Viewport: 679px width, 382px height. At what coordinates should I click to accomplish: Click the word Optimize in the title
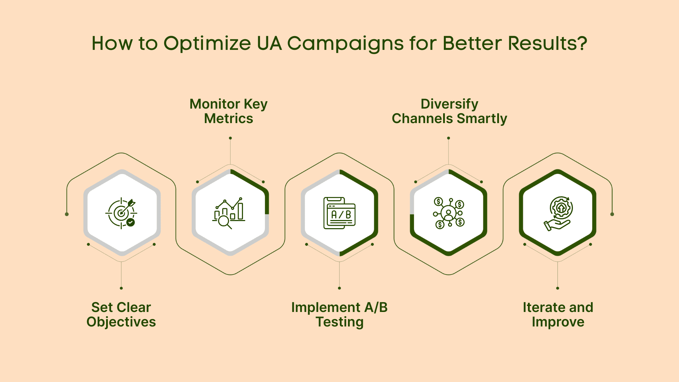coord(207,44)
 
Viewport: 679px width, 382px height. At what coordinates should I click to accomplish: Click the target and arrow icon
coord(121,213)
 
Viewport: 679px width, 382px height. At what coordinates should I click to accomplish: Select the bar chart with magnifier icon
coord(229,213)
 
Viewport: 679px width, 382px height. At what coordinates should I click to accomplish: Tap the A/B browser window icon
coord(339,213)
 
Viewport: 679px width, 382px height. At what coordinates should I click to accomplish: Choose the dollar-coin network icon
coord(449,213)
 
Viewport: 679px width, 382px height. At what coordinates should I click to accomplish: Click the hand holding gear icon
coord(558,213)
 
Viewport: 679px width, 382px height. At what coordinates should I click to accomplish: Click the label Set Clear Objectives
coord(121,314)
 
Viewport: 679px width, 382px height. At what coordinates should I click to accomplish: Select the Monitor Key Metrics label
coord(229,111)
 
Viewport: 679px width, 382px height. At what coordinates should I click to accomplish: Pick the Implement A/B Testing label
coord(339,314)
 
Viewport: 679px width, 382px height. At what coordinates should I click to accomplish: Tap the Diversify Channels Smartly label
coord(449,111)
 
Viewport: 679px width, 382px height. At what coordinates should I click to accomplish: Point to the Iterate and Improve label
coord(558,314)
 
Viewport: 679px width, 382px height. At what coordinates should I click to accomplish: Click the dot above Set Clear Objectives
coord(121,288)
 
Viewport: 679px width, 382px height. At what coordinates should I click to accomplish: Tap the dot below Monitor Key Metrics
coord(230,138)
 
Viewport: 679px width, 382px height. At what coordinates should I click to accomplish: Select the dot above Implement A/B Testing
coord(339,288)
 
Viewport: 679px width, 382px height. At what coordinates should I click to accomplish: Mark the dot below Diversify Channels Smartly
coord(448,138)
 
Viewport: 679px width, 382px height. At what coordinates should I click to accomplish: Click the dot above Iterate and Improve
coord(558,288)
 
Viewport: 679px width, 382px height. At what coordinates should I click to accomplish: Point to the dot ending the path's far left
coord(67,214)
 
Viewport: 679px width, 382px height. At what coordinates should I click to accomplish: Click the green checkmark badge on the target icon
coord(130,222)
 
